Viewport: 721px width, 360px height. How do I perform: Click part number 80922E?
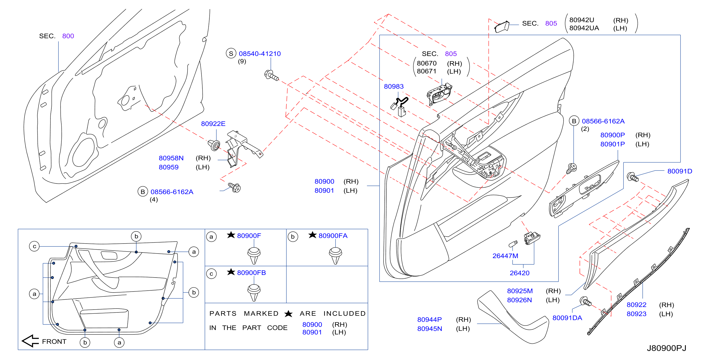[213, 124]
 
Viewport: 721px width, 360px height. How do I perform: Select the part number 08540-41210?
[260, 54]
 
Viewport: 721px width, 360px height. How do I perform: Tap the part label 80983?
[393, 87]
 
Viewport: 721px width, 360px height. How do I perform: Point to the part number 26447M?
[505, 256]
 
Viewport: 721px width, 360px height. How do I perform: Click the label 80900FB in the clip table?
[251, 273]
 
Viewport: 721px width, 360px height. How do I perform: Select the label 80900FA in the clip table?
[333, 236]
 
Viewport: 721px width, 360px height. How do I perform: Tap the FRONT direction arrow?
[30, 341]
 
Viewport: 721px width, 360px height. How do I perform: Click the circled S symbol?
[231, 53]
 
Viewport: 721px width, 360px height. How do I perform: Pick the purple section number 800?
[68, 36]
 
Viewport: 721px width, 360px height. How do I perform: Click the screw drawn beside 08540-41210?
[271, 75]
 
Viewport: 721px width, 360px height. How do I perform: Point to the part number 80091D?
[680, 171]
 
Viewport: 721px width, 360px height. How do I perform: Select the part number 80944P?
[429, 320]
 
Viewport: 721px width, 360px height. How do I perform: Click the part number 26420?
[519, 273]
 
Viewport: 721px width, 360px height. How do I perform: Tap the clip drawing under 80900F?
[254, 255]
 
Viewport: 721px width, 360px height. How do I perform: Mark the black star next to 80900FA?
[312, 235]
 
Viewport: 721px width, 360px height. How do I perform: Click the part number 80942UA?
[584, 28]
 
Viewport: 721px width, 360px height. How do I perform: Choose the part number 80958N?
[171, 158]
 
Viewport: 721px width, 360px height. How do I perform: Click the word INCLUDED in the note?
[344, 313]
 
